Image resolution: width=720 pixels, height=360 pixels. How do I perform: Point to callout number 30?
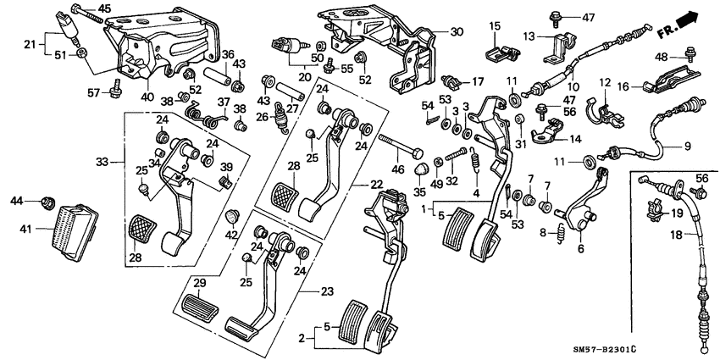[457, 32]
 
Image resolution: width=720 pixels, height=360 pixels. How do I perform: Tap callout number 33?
[102, 161]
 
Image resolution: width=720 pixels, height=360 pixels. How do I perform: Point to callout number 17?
[478, 82]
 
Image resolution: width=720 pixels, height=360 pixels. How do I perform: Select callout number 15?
[495, 28]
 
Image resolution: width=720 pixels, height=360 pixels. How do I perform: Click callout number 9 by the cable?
[688, 146]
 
